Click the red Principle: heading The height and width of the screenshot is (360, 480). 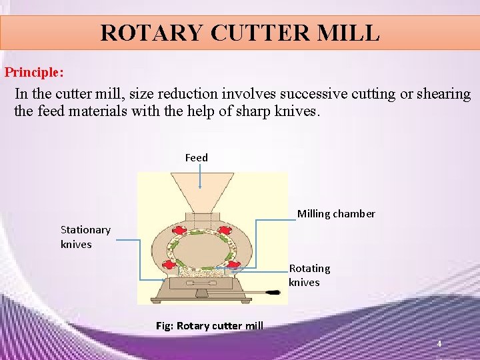[x=35, y=71]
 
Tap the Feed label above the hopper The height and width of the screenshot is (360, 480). [x=197, y=157]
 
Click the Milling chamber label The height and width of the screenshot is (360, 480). [x=336, y=214]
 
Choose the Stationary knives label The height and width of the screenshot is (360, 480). [x=85, y=237]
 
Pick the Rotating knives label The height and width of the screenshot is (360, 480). [x=309, y=275]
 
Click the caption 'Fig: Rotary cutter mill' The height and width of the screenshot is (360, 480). [x=209, y=326]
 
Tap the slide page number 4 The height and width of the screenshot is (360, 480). [x=439, y=343]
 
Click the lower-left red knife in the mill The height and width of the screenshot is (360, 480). [x=170, y=264]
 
